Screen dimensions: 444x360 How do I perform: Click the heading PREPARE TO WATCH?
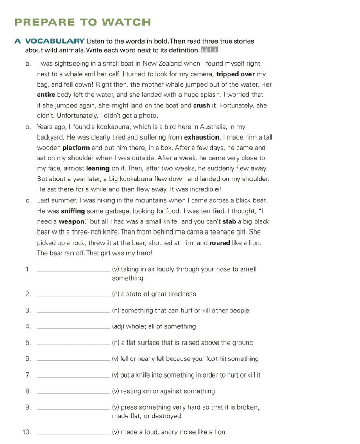coord(83,22)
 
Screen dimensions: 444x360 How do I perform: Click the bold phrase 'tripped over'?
coord(237,74)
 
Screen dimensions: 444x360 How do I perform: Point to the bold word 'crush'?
coord(201,106)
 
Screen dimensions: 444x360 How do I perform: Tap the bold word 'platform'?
coord(76,148)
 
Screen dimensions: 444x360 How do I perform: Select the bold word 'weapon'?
coord(70,222)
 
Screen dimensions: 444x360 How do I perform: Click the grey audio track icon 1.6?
coord(209,51)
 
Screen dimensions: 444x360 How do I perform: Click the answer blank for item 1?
coord(73,270)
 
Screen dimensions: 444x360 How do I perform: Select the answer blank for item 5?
coord(73,343)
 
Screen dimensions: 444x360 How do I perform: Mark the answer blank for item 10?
coord(73,432)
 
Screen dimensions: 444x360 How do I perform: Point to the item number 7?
coord(28,375)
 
